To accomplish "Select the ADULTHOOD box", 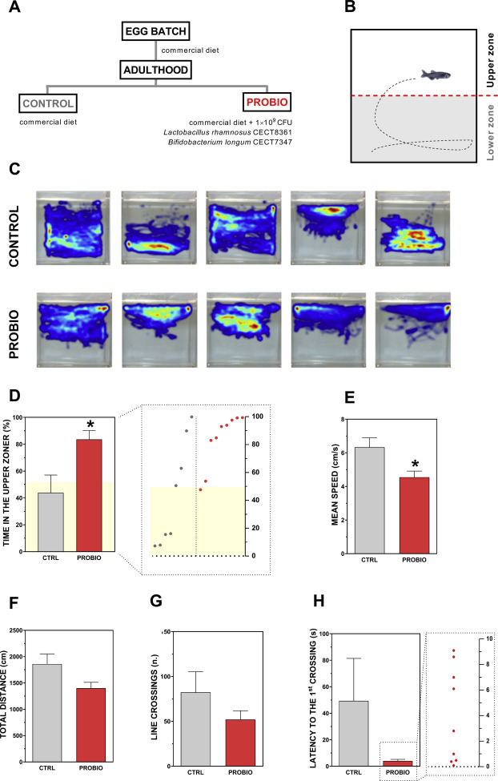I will (156, 70).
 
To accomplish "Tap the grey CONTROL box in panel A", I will (49, 103).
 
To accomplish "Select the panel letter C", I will (12, 171).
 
